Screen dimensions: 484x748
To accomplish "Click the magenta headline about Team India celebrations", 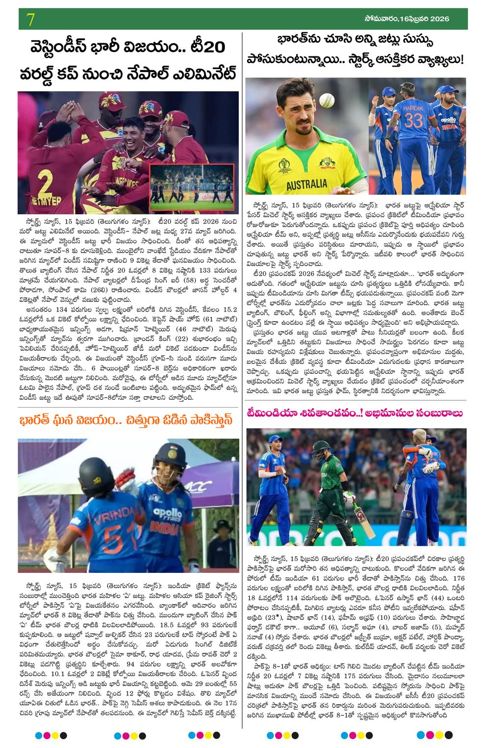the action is (x=354, y=413).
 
